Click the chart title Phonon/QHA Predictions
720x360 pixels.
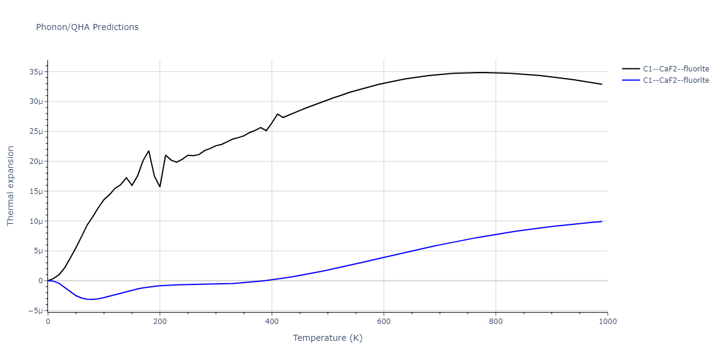pos(87,27)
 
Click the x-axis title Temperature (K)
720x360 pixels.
pos(328,338)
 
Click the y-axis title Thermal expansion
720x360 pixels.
pos(10,186)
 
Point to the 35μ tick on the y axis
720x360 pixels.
pos(35,72)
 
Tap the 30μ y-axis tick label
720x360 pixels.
pos(35,101)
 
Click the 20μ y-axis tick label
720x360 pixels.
pos(35,161)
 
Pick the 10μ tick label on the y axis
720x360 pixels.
pos(35,221)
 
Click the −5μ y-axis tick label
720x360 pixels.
pos(34,311)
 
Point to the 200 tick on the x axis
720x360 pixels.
pos(160,322)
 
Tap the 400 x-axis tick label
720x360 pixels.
pos(272,322)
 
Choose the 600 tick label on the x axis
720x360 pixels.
pos(383,322)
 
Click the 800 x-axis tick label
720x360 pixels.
pos(496,322)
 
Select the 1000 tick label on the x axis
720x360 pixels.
pos(607,322)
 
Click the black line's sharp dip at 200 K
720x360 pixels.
pos(160,187)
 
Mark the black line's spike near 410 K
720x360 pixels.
pos(277,114)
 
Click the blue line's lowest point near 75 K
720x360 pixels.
pos(90,299)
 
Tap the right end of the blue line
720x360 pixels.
pos(602,221)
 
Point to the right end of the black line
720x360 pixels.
pos(602,84)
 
